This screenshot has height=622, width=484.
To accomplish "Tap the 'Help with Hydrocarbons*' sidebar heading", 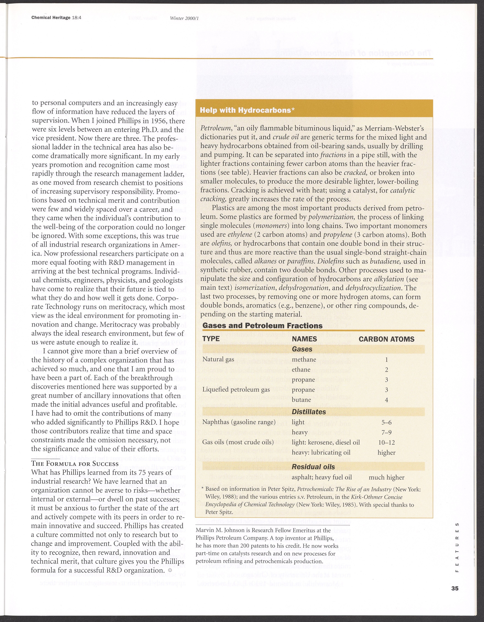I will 247,110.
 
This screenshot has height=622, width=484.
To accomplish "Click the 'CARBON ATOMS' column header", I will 386,339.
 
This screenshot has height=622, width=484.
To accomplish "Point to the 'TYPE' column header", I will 211,339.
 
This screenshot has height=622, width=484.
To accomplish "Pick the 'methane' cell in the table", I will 304,359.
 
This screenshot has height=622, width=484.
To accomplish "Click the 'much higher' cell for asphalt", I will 386,477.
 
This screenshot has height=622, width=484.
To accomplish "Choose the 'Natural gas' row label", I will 218,359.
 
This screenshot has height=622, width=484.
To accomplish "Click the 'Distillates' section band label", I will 309,412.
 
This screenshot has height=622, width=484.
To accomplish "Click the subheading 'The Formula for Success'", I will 75,463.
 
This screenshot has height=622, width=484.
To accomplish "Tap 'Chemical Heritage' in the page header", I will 51,18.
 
